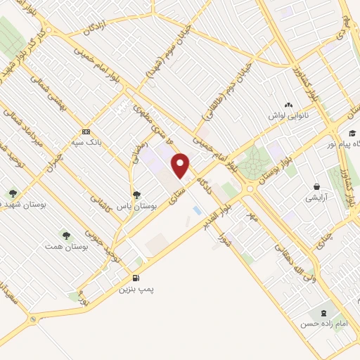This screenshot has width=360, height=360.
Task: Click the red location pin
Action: click(181, 165)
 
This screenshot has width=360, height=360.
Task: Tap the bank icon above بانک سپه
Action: click(86, 131)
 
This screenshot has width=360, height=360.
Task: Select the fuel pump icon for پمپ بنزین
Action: click(134, 278)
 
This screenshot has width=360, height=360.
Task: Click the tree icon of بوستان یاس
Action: click(136, 195)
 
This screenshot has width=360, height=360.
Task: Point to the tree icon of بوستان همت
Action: click(66, 236)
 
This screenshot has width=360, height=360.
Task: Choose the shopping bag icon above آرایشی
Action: click(317, 187)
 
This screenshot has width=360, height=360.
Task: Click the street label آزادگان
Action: click(96, 27)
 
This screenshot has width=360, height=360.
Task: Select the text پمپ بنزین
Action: click(135, 289)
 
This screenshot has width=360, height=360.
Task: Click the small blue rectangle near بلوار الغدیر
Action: click(197, 210)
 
